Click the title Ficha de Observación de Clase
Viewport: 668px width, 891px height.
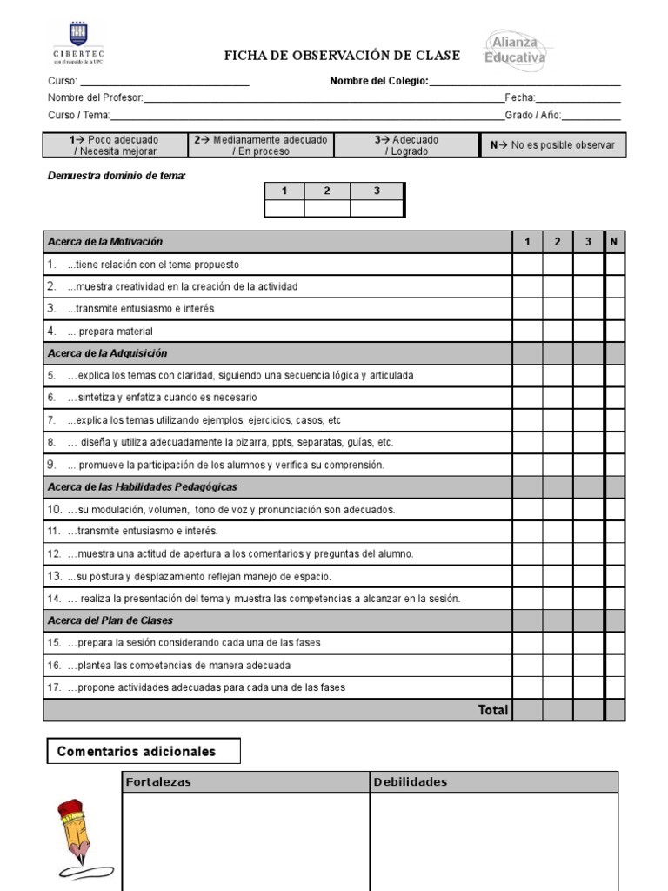(342, 56)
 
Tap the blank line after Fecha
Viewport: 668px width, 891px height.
(578, 98)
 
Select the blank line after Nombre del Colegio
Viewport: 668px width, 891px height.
(525, 81)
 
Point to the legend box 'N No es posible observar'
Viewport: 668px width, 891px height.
(552, 145)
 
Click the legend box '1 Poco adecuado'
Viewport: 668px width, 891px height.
(115, 145)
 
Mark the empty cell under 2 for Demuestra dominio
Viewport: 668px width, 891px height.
(327, 208)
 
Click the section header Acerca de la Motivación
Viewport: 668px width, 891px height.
(105, 242)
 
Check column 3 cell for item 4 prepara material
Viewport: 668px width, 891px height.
(589, 331)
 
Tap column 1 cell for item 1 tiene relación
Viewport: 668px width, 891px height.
(527, 265)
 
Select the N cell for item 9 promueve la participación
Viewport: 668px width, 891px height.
(615, 465)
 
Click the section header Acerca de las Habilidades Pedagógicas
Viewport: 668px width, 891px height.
(143, 487)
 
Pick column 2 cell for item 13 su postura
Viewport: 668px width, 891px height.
(558, 576)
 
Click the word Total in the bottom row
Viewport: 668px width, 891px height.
(492, 710)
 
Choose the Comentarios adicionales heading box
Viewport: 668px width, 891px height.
(144, 751)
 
